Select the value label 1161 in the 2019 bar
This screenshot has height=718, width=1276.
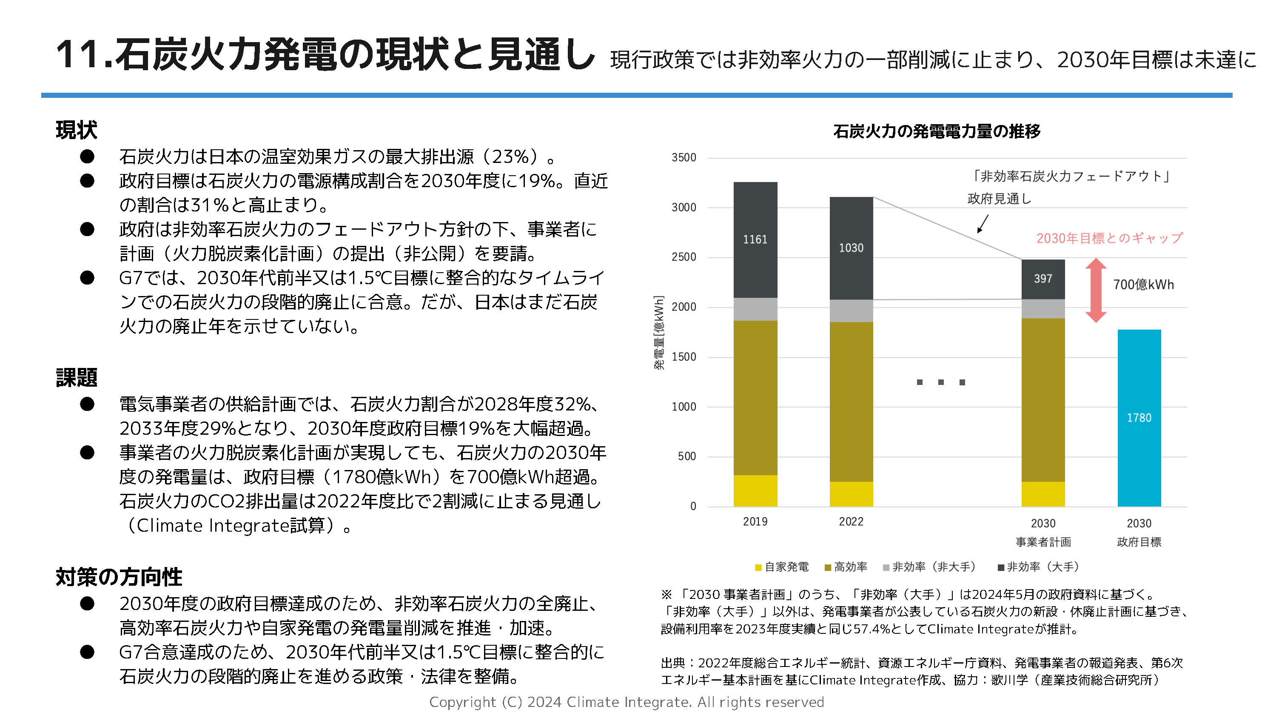coord(755,240)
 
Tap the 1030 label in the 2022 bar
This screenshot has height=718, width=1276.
coord(851,248)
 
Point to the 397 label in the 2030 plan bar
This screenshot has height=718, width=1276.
coord(1042,279)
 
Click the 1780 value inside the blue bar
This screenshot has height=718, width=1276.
coord(1139,418)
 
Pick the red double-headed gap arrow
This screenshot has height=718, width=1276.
coord(1096,291)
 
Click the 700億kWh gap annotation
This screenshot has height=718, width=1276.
coord(1143,285)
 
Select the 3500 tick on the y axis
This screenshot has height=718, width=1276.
coord(684,157)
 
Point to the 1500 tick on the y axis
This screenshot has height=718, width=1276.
coord(684,357)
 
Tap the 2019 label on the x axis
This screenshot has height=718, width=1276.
coord(755,521)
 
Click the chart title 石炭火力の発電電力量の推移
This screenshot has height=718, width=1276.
coord(937,131)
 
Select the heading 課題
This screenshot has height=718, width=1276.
coord(76,378)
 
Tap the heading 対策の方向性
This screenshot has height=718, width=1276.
coord(119,577)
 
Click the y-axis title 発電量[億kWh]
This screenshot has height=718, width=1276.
coord(659,333)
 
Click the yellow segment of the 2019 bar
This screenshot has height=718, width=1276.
coord(755,490)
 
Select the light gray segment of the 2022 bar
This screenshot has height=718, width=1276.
coord(851,311)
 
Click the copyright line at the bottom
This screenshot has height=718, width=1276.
coord(626,702)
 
